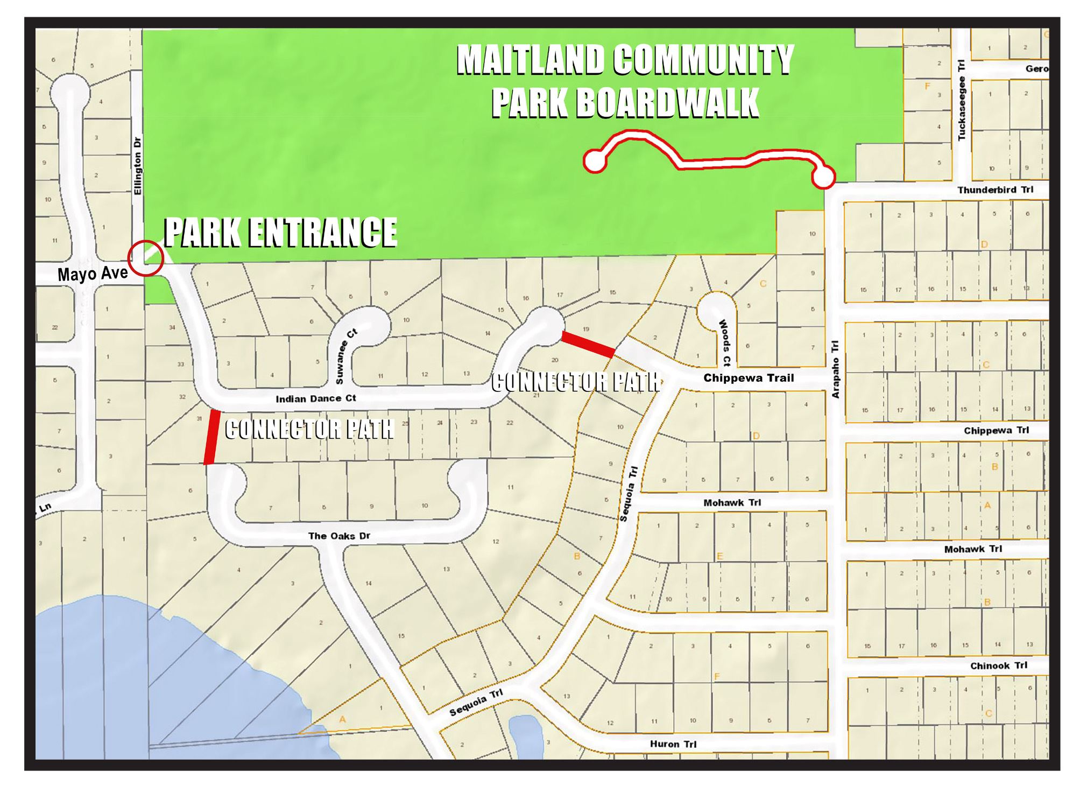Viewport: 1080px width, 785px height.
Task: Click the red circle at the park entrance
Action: pyautogui.click(x=145, y=258)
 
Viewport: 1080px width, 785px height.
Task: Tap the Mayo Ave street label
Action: pyautogui.click(x=93, y=274)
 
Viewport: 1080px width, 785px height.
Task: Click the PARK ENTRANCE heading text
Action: pyautogui.click(x=280, y=232)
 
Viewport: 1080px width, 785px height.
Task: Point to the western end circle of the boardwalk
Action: pyautogui.click(x=595, y=161)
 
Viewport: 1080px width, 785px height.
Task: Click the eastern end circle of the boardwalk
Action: pyautogui.click(x=823, y=177)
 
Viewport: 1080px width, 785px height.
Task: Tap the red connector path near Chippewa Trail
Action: pyautogui.click(x=588, y=345)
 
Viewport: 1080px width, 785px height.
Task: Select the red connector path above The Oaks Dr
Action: pyautogui.click(x=211, y=437)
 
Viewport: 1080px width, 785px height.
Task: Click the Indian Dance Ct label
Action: pyautogui.click(x=316, y=398)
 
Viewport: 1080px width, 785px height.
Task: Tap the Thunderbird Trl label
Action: pyautogui.click(x=995, y=190)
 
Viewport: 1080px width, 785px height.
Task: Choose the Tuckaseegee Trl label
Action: pyautogui.click(x=962, y=100)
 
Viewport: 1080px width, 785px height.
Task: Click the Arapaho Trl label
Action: pyautogui.click(x=835, y=369)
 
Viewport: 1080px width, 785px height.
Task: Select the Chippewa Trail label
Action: pyautogui.click(x=749, y=378)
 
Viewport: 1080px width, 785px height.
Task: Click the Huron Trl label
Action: pyautogui.click(x=673, y=744)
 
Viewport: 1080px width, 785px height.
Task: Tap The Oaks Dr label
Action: pyautogui.click(x=339, y=536)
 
